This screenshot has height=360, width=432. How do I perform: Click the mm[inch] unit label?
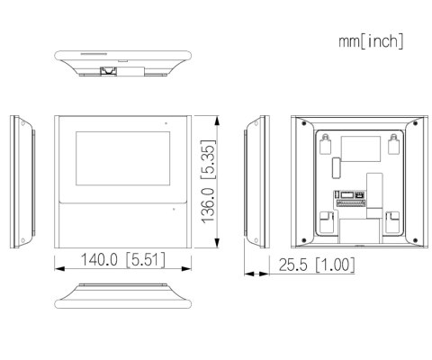coord(371,41)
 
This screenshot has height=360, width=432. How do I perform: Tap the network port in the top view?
coord(110,68)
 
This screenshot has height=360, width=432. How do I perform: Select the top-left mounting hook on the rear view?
coord(327,142)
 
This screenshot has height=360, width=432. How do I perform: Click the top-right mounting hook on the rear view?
coord(392,142)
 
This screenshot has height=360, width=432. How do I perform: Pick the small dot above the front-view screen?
coord(165,121)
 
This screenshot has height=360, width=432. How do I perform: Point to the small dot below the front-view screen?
coord(174,209)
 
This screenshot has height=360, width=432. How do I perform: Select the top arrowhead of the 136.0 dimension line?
coord(221,117)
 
